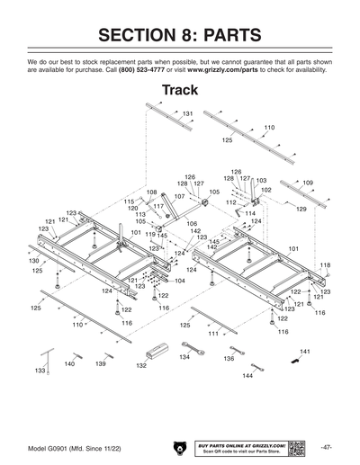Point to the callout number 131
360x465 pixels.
188,114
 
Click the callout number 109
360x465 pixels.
308,183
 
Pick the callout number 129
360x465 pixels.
301,209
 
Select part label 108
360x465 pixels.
151,192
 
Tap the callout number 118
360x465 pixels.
325,265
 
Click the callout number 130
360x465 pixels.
33,260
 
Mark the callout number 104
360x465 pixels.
180,281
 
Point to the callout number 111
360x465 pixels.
212,334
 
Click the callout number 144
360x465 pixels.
247,375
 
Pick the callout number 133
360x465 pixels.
40,371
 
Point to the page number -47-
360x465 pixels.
326,447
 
